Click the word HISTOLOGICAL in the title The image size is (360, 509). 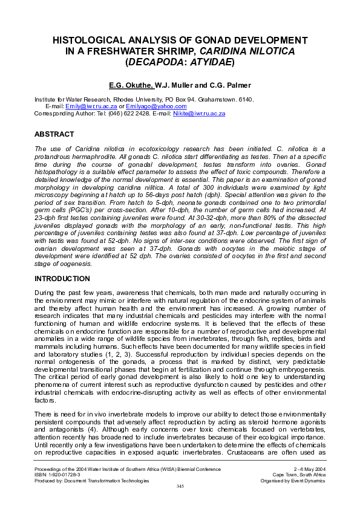pos(90,41)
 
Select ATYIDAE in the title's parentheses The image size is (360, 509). pos(209,62)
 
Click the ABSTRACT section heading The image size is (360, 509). pos(54,134)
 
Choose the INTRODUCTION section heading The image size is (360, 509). pos(62,279)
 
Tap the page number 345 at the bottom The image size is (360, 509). pos(180,486)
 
